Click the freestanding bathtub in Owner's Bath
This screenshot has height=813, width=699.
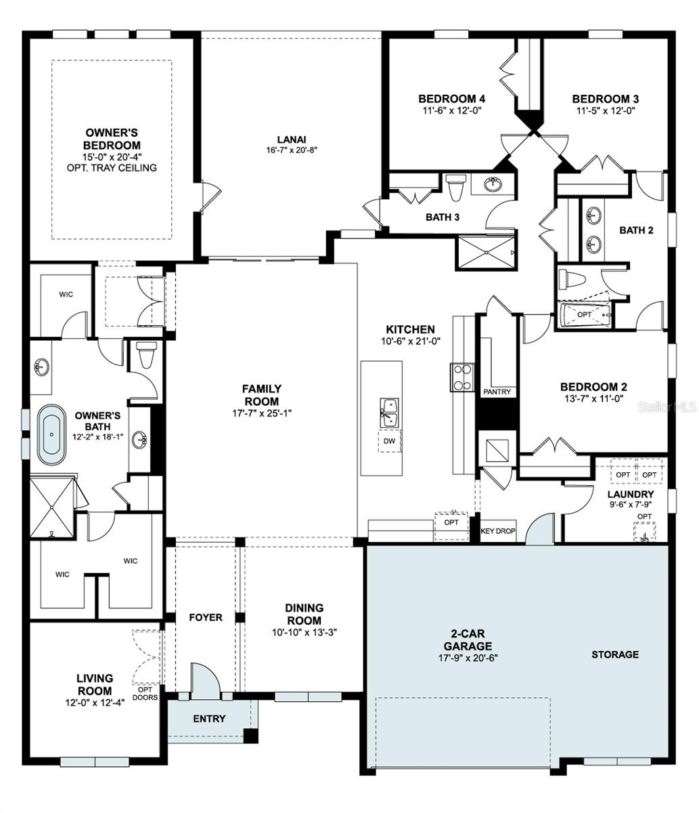pos(51,434)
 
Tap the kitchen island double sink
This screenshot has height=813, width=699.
pos(390,413)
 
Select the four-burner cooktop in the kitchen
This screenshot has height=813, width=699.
pos(461,378)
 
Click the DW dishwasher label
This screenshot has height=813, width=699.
pos(390,441)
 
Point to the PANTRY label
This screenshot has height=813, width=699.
pos(497,392)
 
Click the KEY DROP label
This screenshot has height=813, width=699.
pos(497,531)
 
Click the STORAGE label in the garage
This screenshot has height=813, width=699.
pos(615,654)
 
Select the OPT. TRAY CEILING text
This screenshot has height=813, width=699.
pos(112,168)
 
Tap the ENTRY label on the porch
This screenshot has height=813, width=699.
pos(209,719)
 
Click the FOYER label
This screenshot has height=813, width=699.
pos(205,617)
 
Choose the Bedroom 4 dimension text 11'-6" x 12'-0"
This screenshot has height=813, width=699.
pos(451,110)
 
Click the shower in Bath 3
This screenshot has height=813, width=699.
pos(485,253)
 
